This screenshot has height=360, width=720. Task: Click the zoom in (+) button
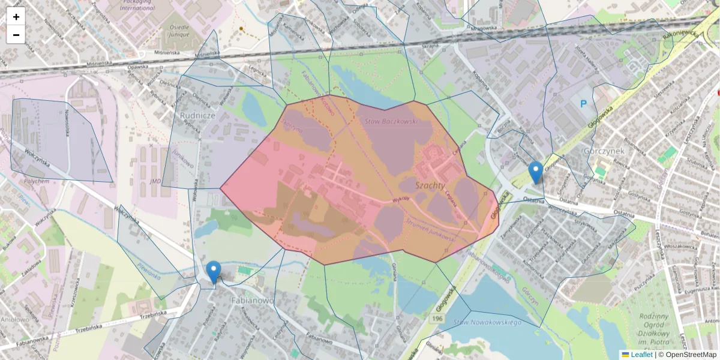(x=16, y=17)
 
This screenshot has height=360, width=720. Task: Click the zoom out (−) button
(x=16, y=35)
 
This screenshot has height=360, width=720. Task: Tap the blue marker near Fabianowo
(x=213, y=272)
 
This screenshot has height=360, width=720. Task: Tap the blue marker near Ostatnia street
(x=536, y=172)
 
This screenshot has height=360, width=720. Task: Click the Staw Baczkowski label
(x=391, y=122)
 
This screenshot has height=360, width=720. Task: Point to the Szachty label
(x=430, y=186)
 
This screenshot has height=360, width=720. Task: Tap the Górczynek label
(x=604, y=151)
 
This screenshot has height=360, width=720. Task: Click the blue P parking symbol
(x=583, y=104)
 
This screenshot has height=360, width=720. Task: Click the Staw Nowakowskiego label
(x=487, y=323)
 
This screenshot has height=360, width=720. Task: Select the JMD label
(x=155, y=181)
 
